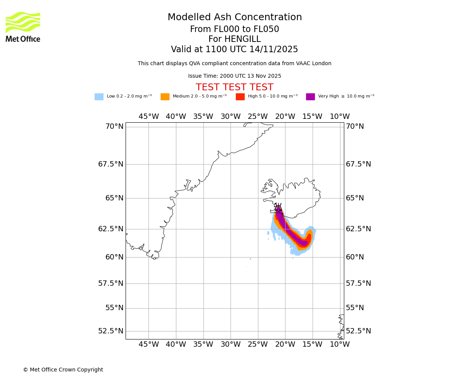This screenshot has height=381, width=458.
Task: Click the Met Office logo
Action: [23, 27]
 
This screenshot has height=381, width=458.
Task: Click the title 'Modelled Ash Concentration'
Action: [235, 18]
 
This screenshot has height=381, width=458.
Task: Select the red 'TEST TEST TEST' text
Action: [234, 87]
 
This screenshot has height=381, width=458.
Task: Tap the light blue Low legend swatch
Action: [99, 97]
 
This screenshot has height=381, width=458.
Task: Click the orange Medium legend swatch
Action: [165, 97]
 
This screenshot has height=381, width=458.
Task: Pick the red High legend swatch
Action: [240, 97]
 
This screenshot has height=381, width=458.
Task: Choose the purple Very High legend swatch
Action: [310, 97]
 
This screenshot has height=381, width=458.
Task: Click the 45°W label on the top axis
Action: [148, 117]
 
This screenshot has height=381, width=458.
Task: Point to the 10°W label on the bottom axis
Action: [340, 344]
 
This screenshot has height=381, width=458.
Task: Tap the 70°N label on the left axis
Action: [114, 126]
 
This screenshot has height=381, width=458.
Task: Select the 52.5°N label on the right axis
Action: [358, 331]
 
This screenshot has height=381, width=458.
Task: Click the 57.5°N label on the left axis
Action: [111, 283]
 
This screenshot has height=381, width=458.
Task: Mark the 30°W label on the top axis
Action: [231, 117]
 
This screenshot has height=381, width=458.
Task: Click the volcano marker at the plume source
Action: [278, 208]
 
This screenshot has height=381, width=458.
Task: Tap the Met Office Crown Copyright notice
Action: [63, 370]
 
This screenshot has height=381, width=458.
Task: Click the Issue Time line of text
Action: [234, 76]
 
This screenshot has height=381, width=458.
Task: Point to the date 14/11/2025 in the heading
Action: [274, 50]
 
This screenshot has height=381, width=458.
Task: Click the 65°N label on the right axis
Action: [355, 198]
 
